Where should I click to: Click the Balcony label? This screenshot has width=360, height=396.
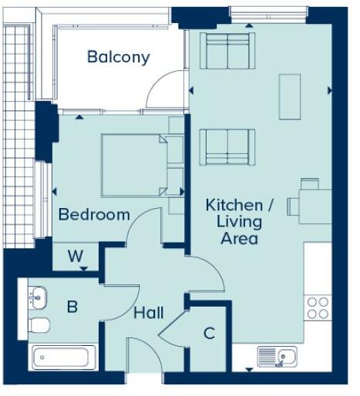(x=118, y=57)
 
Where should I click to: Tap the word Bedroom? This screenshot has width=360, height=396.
(x=94, y=214)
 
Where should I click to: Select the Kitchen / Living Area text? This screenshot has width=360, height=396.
(x=239, y=222)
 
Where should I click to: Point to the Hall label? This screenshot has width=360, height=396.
(x=148, y=314)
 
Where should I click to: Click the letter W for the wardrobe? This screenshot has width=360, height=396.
(x=75, y=255)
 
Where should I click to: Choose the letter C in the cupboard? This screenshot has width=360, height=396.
(x=209, y=334)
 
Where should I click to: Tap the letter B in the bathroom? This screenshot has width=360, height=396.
(x=72, y=307)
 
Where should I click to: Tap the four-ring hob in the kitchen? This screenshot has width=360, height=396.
(x=318, y=307)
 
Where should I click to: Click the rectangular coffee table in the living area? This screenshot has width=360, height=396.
(x=290, y=96)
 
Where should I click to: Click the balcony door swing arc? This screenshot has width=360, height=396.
(x=164, y=92)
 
